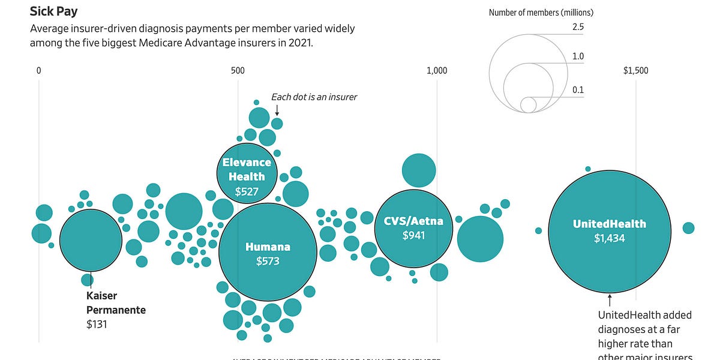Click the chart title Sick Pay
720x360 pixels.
tap(53, 11)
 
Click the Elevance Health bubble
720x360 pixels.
tap(247, 173)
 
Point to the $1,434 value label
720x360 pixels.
tap(610, 238)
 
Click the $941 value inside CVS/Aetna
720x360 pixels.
tap(413, 235)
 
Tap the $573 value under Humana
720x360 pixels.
tap(268, 261)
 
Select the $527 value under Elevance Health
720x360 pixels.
tap(247, 191)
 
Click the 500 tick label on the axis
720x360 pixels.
tap(238, 71)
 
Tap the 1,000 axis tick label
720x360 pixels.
tap(437, 71)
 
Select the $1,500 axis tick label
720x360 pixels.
tap(635, 71)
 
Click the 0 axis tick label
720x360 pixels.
tap(38, 71)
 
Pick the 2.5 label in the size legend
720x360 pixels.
tap(578, 27)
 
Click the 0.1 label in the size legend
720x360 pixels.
tap(578, 90)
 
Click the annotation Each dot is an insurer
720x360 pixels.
tap(314, 97)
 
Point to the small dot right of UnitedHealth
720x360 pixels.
tap(688, 228)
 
